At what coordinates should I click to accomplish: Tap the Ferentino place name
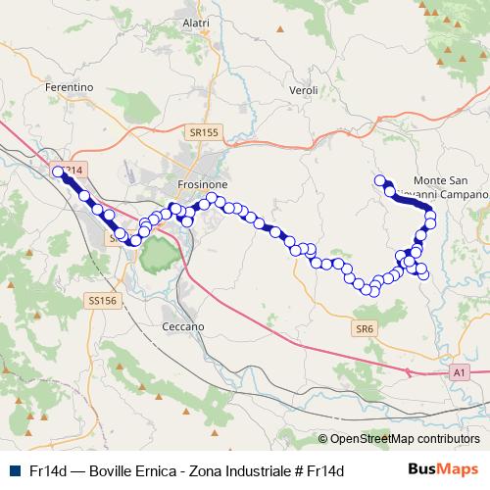pyautogui.click(x=69, y=87)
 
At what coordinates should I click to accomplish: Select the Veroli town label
pyautogui.click(x=305, y=90)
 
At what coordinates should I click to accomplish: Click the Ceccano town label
pyautogui.click(x=183, y=325)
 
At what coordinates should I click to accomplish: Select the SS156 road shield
pyautogui.click(x=101, y=301)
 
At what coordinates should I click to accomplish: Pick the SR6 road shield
pyautogui.click(x=366, y=328)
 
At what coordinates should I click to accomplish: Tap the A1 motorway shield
pyautogui.click(x=460, y=372)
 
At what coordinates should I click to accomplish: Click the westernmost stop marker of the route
pyautogui.click(x=59, y=171)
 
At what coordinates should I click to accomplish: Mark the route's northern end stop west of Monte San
pyautogui.click(x=379, y=179)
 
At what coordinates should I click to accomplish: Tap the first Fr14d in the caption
pyautogui.click(x=47, y=470)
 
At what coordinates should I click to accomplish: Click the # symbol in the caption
pyautogui.click(x=298, y=470)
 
